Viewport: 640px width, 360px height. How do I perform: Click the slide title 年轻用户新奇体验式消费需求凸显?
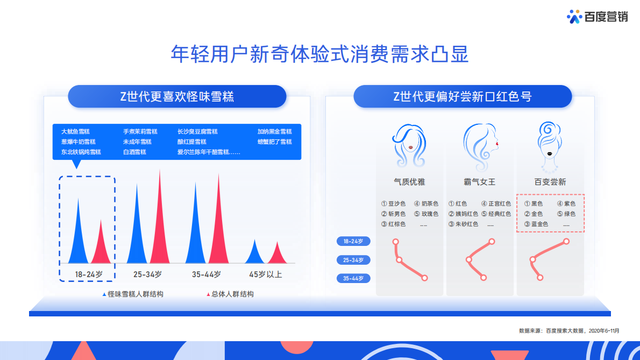(319, 54)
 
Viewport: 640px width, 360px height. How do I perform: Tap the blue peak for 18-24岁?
(79, 237)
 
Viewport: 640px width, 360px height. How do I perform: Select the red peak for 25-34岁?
(159, 226)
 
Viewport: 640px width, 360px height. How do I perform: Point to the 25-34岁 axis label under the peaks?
(147, 274)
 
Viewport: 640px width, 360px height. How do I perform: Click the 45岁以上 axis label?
(265, 274)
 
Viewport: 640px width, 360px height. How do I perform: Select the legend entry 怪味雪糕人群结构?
(133, 294)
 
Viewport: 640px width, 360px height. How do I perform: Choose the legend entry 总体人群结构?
(230, 294)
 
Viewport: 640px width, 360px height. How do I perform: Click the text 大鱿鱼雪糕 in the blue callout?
(75, 132)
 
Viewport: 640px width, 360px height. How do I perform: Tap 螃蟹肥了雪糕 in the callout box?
(274, 142)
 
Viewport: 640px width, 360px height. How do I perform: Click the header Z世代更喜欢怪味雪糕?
(177, 97)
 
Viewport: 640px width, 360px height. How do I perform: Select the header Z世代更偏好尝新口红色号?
(463, 97)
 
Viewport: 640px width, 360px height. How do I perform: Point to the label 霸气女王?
(480, 182)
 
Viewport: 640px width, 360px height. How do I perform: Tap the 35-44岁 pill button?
(353, 278)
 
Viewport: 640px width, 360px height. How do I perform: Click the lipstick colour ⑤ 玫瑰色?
(426, 214)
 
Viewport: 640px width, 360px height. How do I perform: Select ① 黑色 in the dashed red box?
(534, 204)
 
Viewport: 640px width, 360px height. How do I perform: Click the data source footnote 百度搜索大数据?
(568, 330)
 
